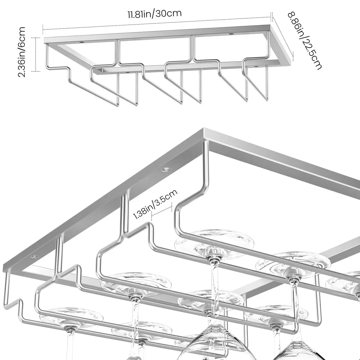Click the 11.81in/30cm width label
pyautogui.click(x=154, y=14)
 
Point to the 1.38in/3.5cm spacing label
pyautogui.click(x=155, y=205)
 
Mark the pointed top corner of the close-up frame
pyautogui.click(x=204, y=128)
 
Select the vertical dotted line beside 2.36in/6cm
pyautogui.click(x=35, y=54)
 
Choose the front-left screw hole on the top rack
pyautogui.click(x=81, y=43)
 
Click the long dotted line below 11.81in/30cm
pyautogui.click(x=157, y=23)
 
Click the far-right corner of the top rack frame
pyautogui.click(x=291, y=64)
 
